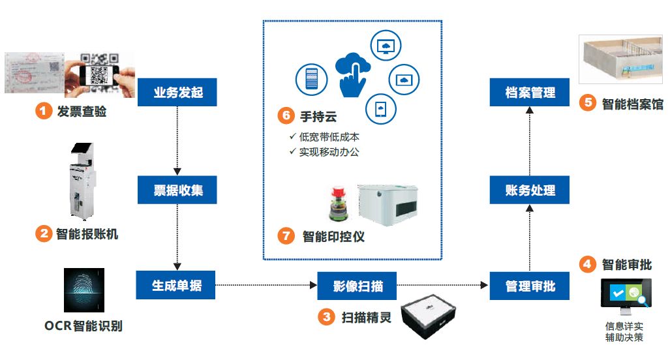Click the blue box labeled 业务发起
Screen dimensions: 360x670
coord(177,93)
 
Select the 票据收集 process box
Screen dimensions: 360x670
coord(177,190)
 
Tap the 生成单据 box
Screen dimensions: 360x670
coord(175,286)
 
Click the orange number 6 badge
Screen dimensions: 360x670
coord(286,115)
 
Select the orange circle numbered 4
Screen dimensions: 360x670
coord(588,264)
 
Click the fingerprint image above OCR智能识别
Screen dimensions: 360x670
coord(84,290)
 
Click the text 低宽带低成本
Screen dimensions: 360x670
coord(329,138)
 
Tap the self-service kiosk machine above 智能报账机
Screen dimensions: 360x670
coord(81,179)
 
